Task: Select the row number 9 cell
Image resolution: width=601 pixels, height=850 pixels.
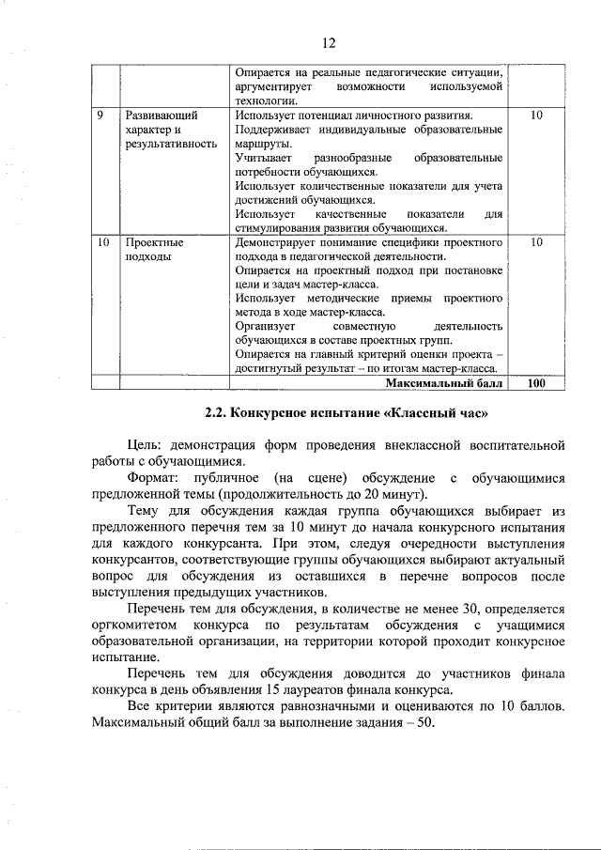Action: pos(100,115)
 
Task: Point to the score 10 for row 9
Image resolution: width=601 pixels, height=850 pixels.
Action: pos(536,115)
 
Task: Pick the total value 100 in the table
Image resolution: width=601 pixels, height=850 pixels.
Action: pos(536,383)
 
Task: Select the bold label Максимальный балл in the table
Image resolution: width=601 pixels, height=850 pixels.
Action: pos(444,383)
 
